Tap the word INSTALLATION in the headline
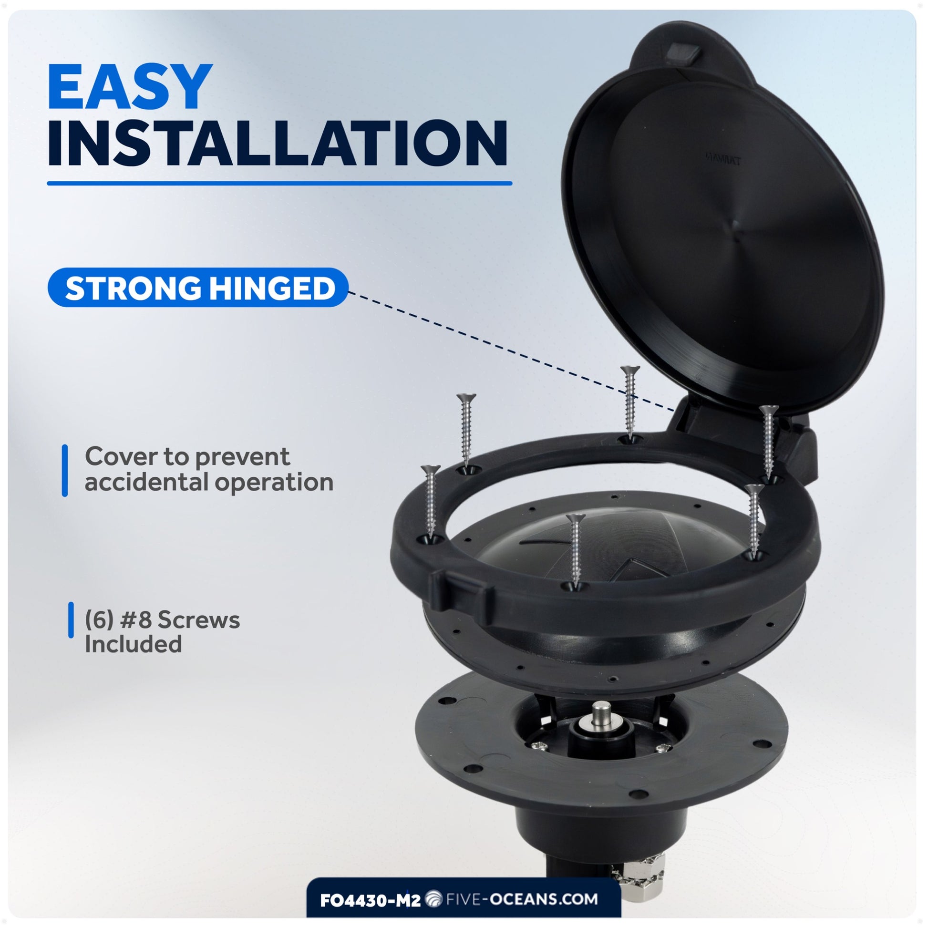click(x=278, y=143)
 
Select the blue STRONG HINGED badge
click(x=197, y=288)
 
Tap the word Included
click(x=133, y=644)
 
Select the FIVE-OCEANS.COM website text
click(x=522, y=899)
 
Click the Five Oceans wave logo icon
click(x=434, y=899)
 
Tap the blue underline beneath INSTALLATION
click(x=279, y=183)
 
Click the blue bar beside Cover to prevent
click(x=65, y=470)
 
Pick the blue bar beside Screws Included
click(x=71, y=620)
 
